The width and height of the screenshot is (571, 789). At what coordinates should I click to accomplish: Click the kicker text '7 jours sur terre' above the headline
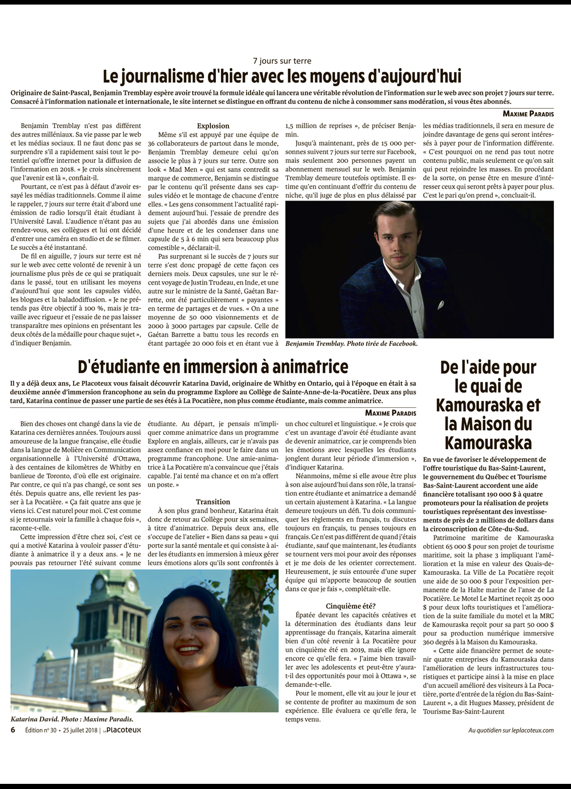coord(282,61)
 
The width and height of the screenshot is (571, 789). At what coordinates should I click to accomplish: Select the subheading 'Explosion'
coord(213,126)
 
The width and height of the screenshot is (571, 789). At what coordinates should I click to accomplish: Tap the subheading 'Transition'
coord(213,502)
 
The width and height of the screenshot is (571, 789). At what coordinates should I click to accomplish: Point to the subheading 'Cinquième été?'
coord(351,606)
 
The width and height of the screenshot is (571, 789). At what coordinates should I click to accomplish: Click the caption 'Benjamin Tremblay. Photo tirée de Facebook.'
coord(351,344)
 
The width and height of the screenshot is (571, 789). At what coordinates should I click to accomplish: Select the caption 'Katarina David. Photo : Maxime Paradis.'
coord(72,719)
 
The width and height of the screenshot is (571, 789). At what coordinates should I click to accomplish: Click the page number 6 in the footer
coord(13,730)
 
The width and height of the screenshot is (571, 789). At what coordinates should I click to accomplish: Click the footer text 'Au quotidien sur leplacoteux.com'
coord(510,730)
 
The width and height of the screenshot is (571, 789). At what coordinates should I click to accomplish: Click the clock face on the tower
coord(132,586)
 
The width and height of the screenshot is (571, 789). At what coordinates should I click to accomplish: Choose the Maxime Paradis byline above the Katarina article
coord(391,412)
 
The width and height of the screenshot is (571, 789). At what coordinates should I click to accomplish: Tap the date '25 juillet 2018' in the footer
coord(79,730)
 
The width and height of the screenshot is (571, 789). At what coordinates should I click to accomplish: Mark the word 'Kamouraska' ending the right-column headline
coord(488,443)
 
